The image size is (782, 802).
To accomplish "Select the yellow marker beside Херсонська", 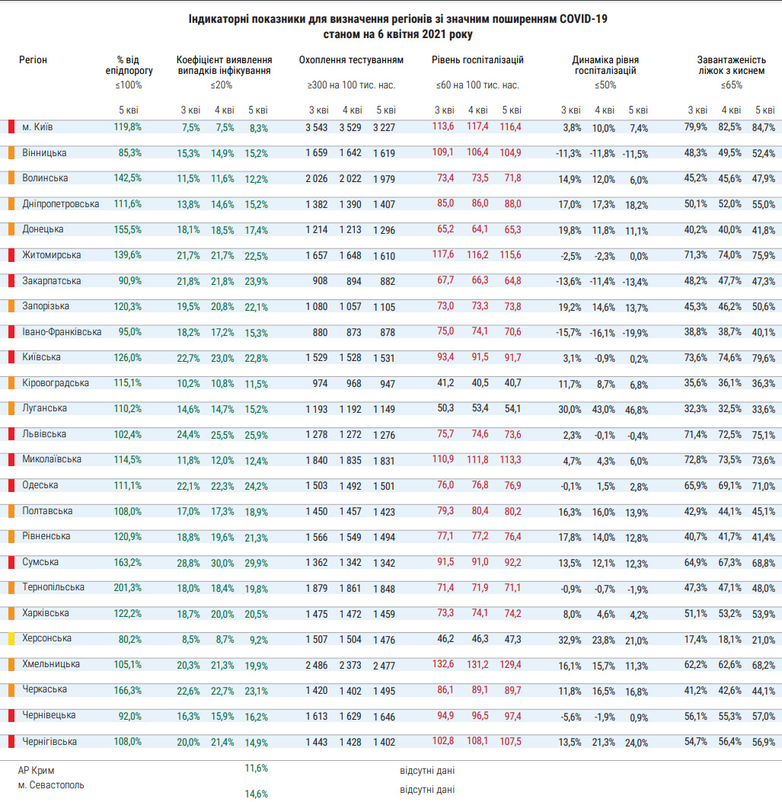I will click(11, 639).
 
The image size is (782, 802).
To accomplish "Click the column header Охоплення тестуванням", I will click(351, 59).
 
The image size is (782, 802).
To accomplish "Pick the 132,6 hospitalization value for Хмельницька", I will click(442, 664).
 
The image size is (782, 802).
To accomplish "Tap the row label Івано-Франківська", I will click(61, 331).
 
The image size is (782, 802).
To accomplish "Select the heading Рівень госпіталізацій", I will click(477, 59).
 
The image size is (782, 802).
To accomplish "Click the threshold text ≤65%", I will click(731, 85).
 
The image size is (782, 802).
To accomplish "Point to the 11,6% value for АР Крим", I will click(256, 768).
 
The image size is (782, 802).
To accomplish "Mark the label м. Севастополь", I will click(51, 784).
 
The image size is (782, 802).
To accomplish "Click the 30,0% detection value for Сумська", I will click(223, 563).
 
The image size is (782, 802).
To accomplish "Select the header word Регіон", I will click(33, 59).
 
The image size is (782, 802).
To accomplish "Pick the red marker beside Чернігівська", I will click(11, 741).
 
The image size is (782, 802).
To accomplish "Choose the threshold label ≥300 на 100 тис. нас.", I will click(351, 85).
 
